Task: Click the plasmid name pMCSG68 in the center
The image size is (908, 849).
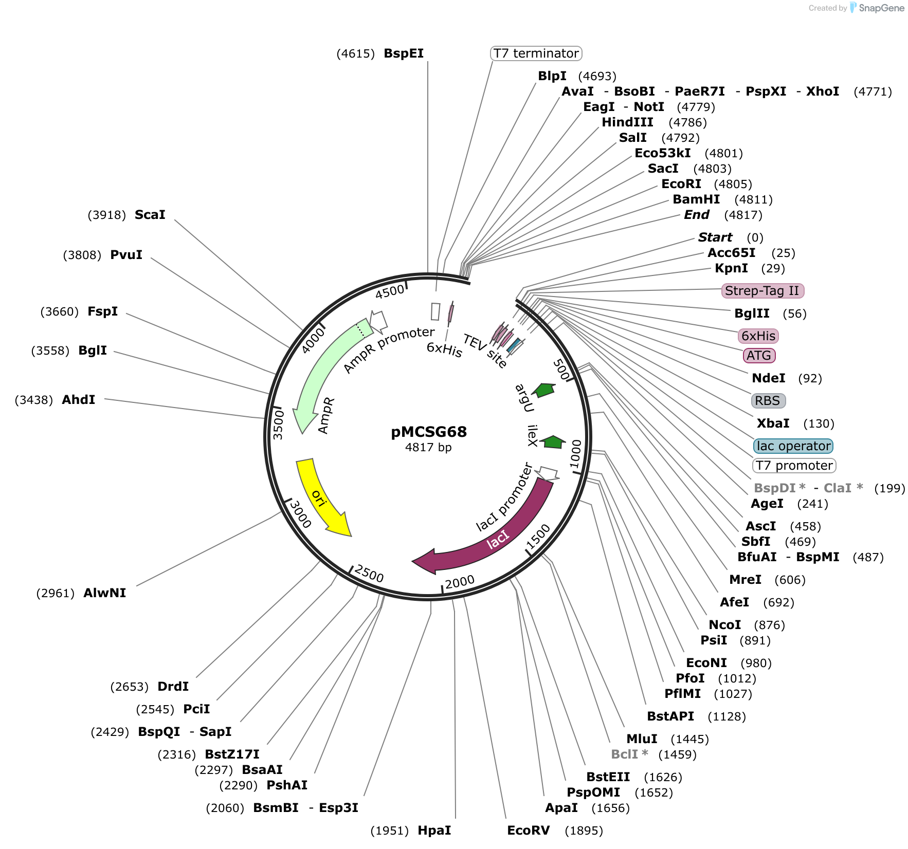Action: [x=429, y=432]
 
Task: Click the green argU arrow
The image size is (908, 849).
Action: [x=543, y=390]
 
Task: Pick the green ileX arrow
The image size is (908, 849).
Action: [x=553, y=442]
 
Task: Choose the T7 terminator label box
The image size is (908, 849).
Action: [x=536, y=53]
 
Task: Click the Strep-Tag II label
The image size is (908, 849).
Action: [x=762, y=291]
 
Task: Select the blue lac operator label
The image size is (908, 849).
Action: [x=793, y=446]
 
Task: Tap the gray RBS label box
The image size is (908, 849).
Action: [x=768, y=401]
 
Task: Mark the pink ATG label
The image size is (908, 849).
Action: [x=759, y=356]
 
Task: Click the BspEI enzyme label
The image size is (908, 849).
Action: [x=404, y=53]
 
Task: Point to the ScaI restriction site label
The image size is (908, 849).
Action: [x=150, y=215]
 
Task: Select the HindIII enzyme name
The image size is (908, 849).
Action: [x=627, y=122]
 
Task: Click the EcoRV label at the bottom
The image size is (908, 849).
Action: [x=528, y=830]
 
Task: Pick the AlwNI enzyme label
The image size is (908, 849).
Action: [x=105, y=593]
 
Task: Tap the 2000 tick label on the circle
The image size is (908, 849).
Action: [x=460, y=582]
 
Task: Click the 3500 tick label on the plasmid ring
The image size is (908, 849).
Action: [x=278, y=424]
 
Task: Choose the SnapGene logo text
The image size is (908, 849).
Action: [x=881, y=8]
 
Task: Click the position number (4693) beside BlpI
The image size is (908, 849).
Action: [x=597, y=77]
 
